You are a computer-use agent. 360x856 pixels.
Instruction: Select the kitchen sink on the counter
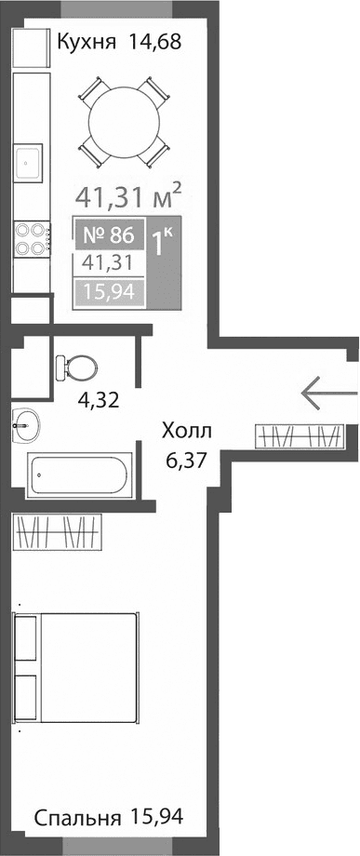[x=28, y=162]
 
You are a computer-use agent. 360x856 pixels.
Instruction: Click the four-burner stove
[x=29, y=237]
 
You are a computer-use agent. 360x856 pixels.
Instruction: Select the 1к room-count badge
[x=164, y=245]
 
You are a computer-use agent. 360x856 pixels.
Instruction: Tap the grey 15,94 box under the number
[x=109, y=294]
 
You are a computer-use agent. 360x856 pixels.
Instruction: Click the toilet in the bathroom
[x=75, y=368]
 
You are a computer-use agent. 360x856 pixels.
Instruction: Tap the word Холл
[x=187, y=432]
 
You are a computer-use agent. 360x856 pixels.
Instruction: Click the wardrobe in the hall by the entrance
[x=299, y=435]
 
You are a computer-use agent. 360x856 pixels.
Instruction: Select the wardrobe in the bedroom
[x=62, y=532]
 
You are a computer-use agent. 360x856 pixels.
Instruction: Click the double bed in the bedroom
[x=76, y=666]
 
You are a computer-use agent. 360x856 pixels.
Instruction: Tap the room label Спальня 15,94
[x=109, y=818]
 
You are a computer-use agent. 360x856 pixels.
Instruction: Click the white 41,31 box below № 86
[x=109, y=264]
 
